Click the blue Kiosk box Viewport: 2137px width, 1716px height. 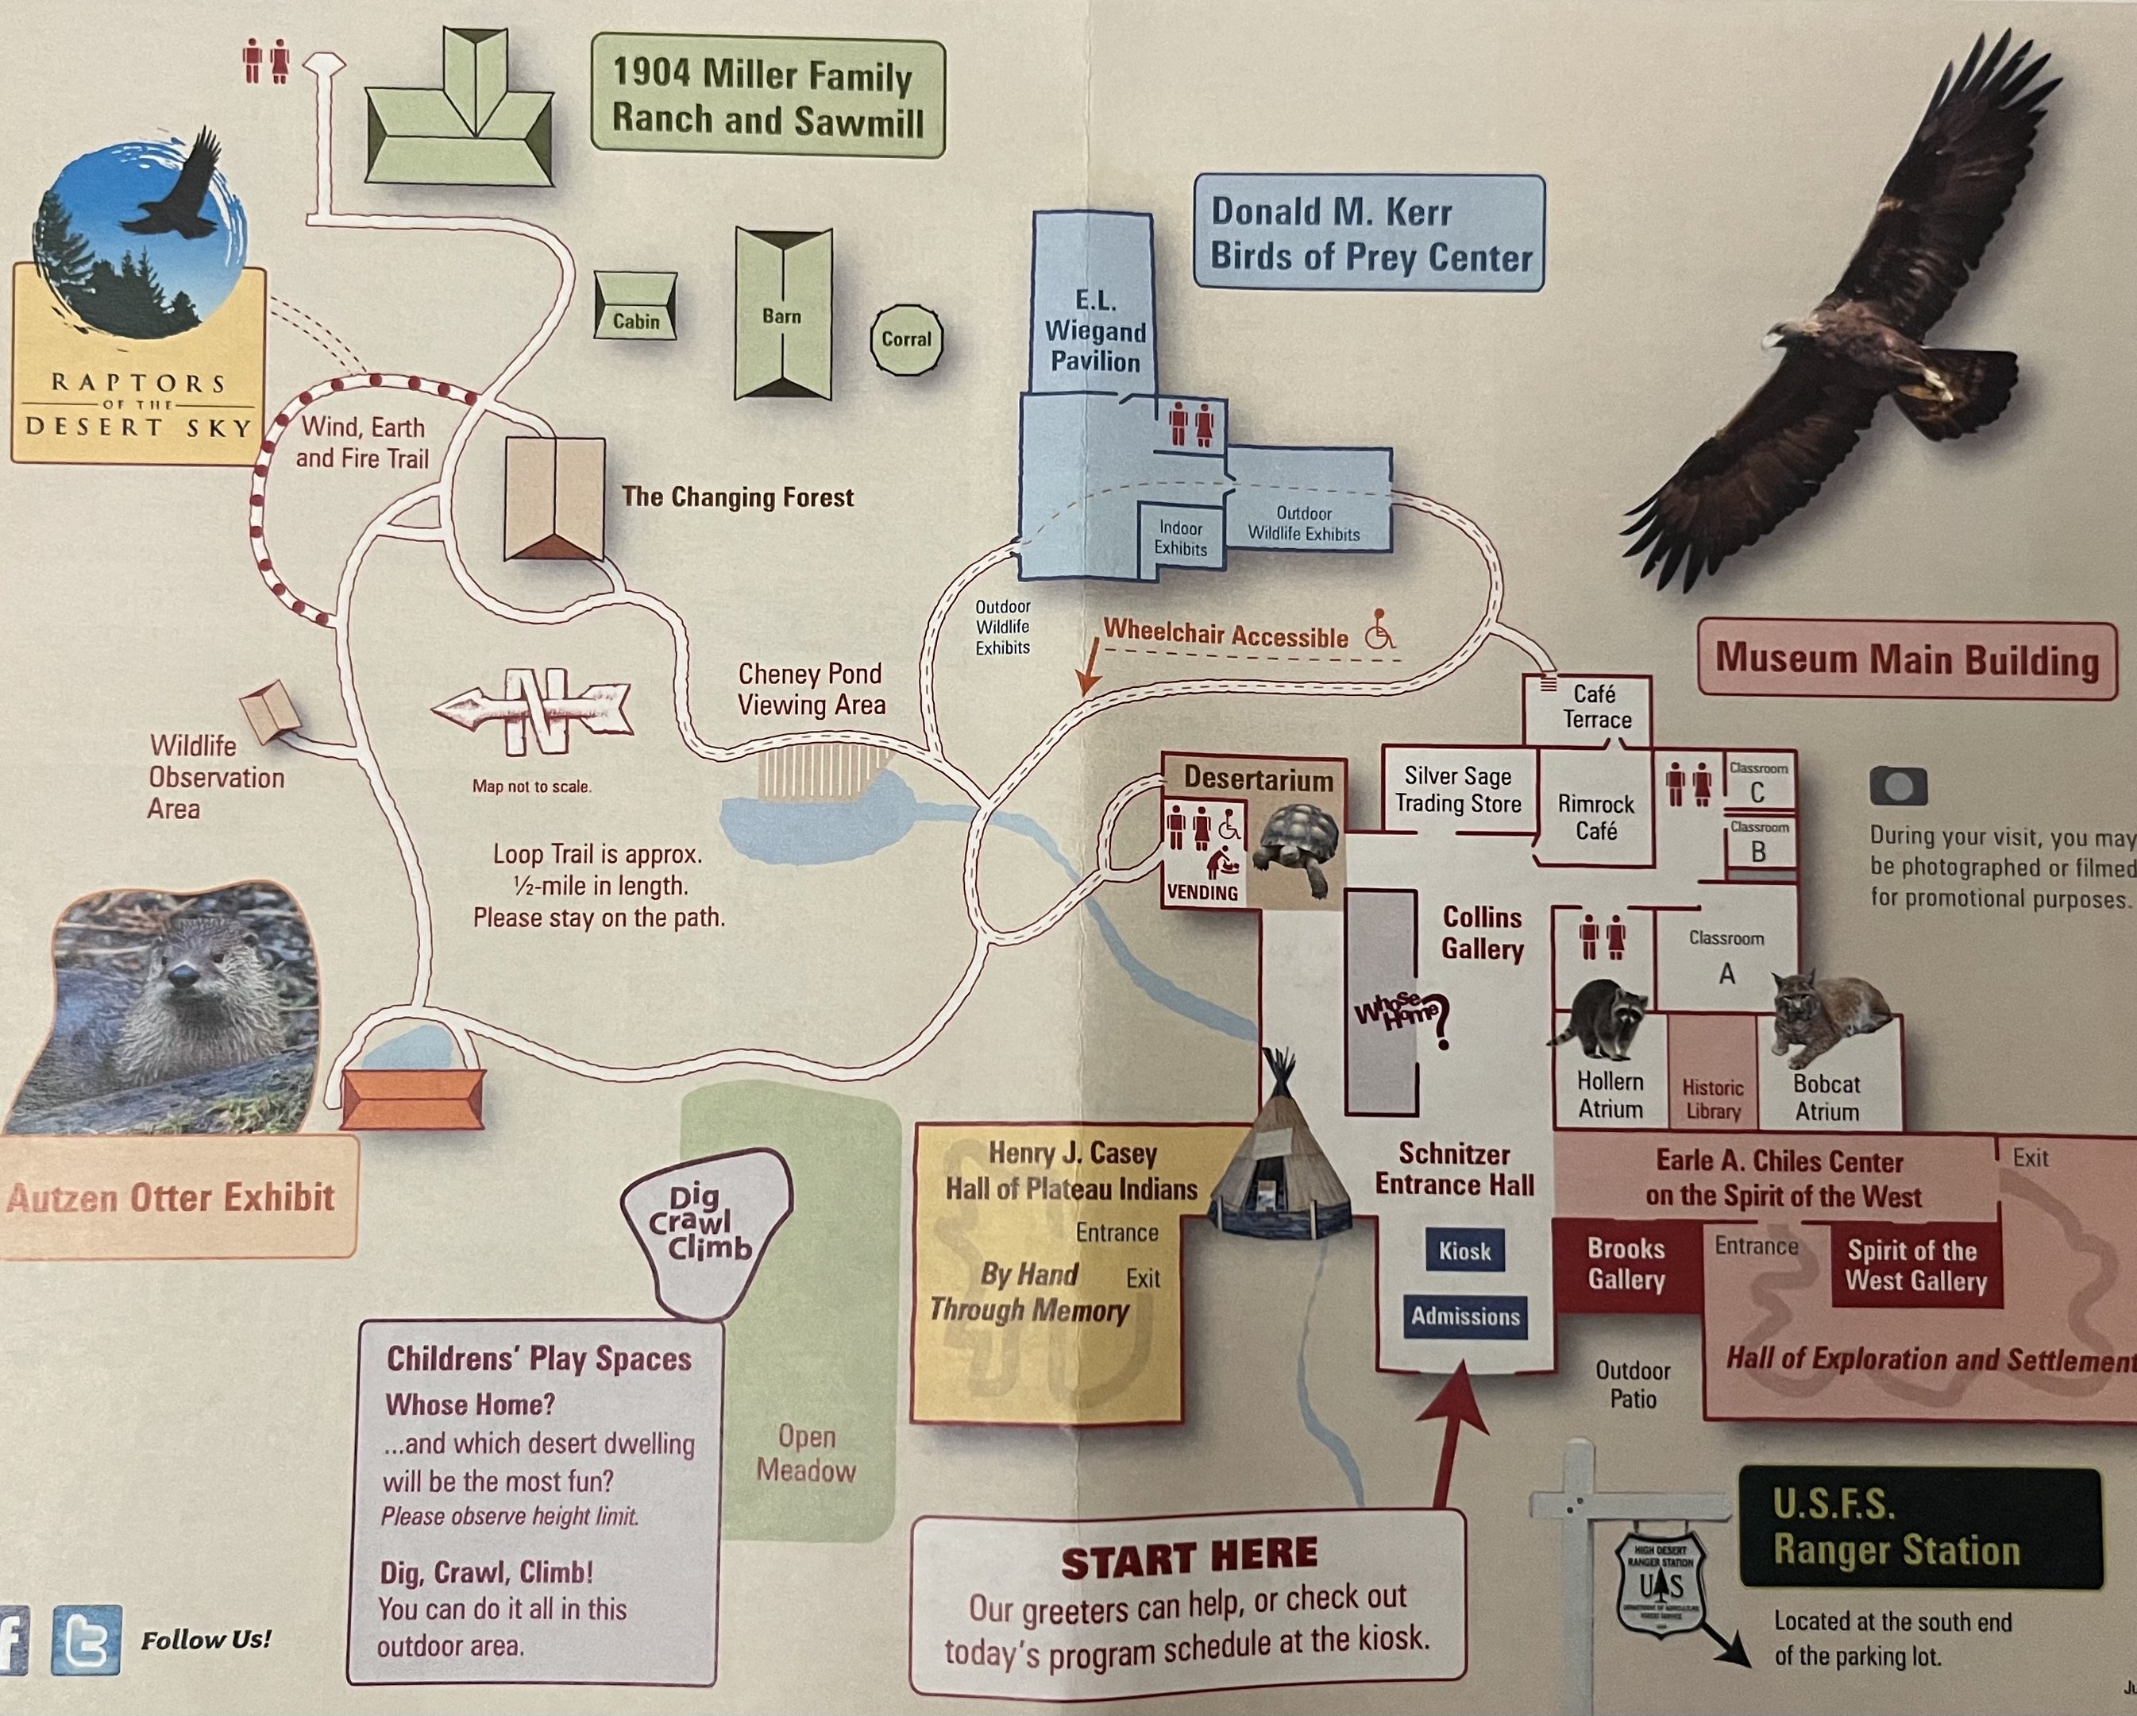pos(1464,1251)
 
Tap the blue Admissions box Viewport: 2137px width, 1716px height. pos(1465,1316)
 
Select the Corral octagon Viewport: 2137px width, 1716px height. pos(906,339)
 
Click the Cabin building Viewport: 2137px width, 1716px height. pos(635,307)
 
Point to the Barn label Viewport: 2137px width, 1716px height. pos(781,316)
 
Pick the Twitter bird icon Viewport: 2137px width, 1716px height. pos(87,1641)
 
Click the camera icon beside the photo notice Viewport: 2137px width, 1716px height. pos(1898,786)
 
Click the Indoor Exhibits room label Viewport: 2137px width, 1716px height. pos(1181,539)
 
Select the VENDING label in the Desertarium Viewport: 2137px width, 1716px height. pos(1202,892)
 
